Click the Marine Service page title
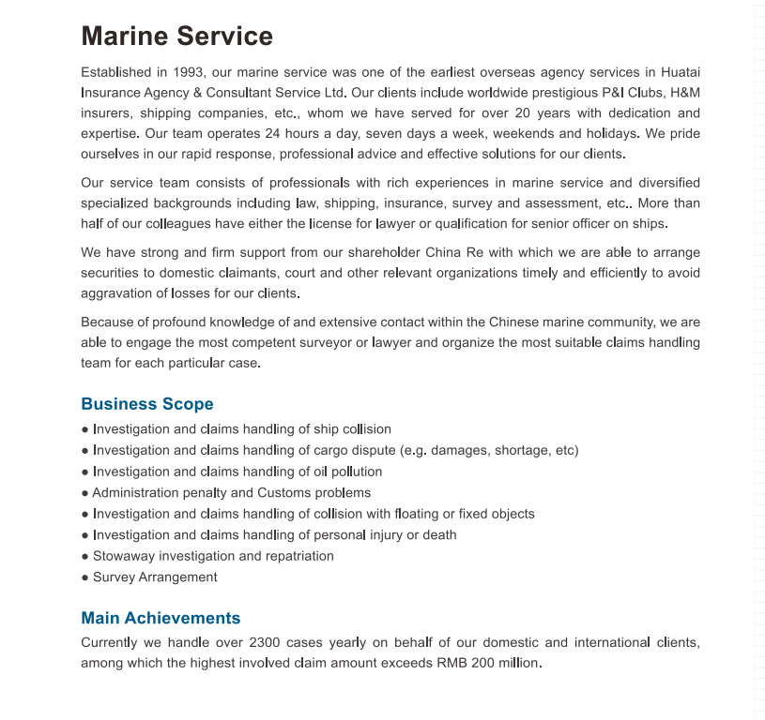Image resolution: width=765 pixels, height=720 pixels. [x=176, y=37]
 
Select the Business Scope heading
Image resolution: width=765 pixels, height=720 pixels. [x=147, y=404]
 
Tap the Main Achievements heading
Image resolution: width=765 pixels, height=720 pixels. [x=161, y=618]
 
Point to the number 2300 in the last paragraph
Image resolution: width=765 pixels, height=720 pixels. [x=266, y=643]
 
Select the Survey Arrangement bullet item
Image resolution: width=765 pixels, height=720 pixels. [x=155, y=577]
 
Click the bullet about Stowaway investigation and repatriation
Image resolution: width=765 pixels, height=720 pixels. [x=213, y=556]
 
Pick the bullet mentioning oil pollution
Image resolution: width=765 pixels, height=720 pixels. [x=237, y=472]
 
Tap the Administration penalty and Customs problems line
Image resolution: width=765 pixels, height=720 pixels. [x=231, y=493]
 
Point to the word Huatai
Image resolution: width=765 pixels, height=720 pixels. [x=681, y=72]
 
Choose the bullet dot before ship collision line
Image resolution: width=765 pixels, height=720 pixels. [x=85, y=429]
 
